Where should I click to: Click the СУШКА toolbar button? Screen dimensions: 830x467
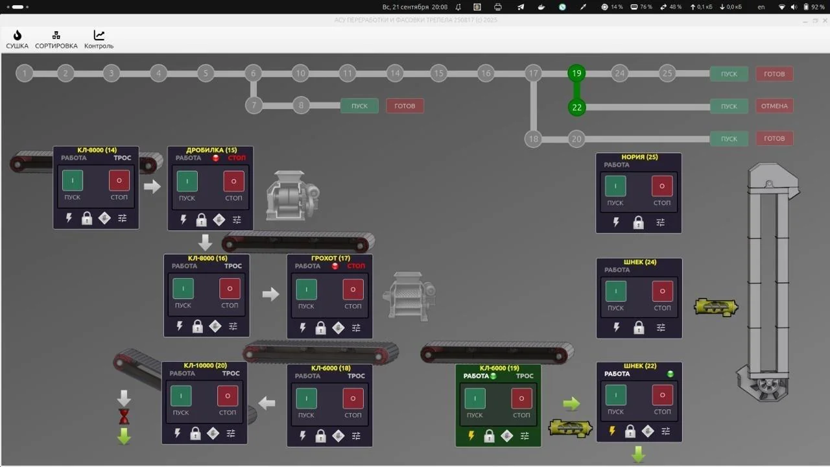pyautogui.click(x=18, y=39)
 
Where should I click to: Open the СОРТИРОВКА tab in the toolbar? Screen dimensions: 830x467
pyautogui.click(x=56, y=39)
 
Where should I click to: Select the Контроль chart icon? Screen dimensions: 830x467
pyautogui.click(x=99, y=39)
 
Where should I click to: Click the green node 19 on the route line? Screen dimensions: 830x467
pyautogui.click(x=576, y=73)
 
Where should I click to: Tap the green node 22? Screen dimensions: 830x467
pyautogui.click(x=576, y=107)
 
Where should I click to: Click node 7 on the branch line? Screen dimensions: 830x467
pyautogui.click(x=254, y=105)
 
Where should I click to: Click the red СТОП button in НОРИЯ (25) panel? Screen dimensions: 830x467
pyautogui.click(x=661, y=186)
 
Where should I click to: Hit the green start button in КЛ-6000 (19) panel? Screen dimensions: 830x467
pyautogui.click(x=475, y=398)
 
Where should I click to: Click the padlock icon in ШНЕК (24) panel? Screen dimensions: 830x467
pyautogui.click(x=639, y=328)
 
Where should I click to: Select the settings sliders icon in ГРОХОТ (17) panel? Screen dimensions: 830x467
pyautogui.click(x=356, y=328)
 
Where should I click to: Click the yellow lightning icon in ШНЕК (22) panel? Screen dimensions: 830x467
pyautogui.click(x=612, y=431)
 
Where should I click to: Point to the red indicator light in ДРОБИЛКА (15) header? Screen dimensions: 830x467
pyautogui.click(x=216, y=158)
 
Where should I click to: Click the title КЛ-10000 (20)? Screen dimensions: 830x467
pyautogui.click(x=205, y=366)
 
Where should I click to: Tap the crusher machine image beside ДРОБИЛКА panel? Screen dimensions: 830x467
pyautogui.click(x=292, y=195)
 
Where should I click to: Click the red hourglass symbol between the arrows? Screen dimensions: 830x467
pyautogui.click(x=124, y=416)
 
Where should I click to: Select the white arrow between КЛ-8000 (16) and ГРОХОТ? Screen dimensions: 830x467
pyautogui.click(x=270, y=294)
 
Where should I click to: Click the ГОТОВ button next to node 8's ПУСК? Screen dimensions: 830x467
pyautogui.click(x=405, y=106)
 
